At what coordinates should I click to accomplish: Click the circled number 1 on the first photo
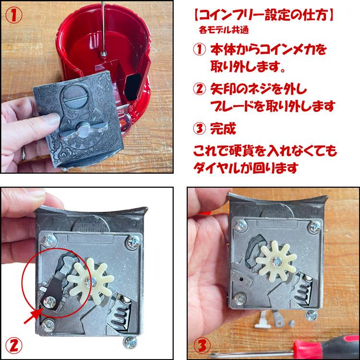click(14, 15)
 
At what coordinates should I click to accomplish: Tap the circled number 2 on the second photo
click(14, 346)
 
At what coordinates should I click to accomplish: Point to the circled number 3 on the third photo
click(202, 346)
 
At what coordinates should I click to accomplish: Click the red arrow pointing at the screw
click(33, 316)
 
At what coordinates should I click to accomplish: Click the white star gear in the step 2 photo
click(90, 281)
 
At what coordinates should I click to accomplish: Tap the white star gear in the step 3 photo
click(276, 261)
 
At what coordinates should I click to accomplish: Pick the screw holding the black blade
click(49, 302)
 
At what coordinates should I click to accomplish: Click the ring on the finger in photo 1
click(23, 153)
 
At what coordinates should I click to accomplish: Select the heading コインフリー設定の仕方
click(264, 16)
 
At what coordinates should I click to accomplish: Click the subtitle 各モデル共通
click(224, 30)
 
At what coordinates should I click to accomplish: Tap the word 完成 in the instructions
click(223, 129)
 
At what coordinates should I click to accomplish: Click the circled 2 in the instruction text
click(199, 89)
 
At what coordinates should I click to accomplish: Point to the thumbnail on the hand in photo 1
click(52, 118)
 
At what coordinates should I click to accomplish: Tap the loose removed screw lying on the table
click(292, 323)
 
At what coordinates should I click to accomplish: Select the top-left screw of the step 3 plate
click(241, 225)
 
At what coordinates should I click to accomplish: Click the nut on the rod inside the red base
click(103, 54)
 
